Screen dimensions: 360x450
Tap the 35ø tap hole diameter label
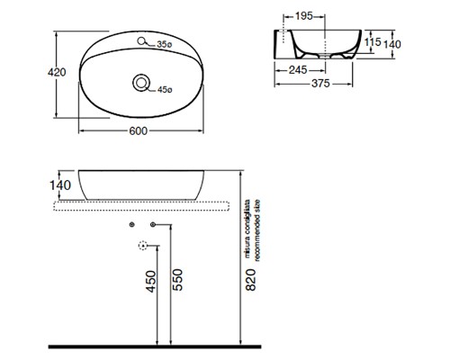[x=164, y=43]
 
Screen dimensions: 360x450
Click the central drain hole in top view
[x=141, y=83]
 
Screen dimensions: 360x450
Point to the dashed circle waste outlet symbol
[x=141, y=245]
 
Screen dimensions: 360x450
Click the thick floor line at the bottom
[x=225, y=347]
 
